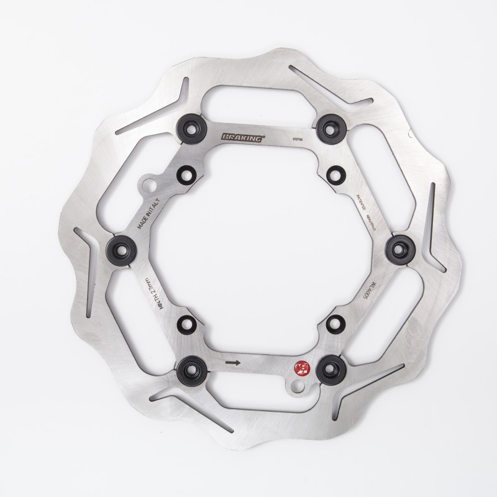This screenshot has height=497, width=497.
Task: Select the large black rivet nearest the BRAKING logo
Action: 188,127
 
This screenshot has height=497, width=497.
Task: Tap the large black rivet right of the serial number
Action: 327,128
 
